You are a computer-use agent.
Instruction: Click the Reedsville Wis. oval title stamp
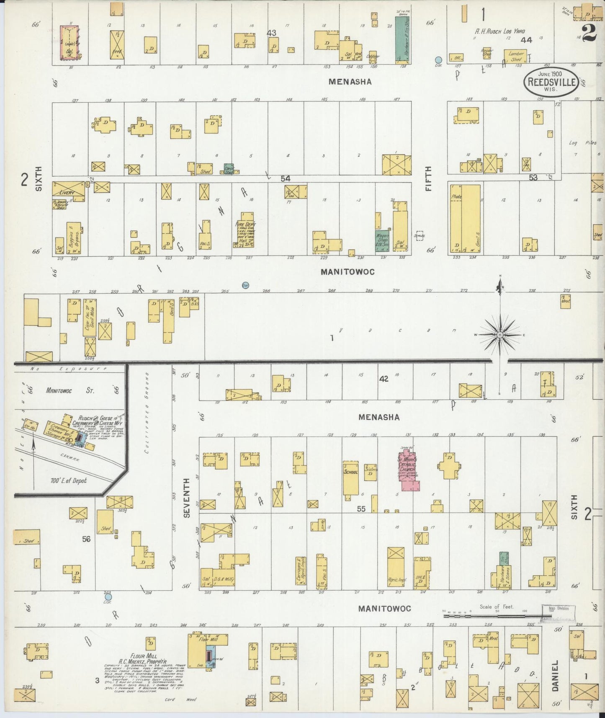(x=551, y=81)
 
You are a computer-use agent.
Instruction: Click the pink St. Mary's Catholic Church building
(x=408, y=472)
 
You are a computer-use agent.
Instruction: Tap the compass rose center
(x=500, y=335)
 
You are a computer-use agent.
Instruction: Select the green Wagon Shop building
(x=381, y=241)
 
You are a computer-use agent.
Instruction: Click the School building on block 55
(x=350, y=478)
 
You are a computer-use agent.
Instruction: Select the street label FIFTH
(x=428, y=179)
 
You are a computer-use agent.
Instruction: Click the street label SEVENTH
(x=187, y=498)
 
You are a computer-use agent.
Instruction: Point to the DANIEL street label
(x=555, y=676)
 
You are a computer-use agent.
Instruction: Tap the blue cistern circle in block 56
(x=108, y=597)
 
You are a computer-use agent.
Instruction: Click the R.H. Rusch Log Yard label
(x=499, y=31)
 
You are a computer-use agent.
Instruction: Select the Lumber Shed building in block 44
(x=516, y=57)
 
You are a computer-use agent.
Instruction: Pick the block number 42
(x=384, y=379)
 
